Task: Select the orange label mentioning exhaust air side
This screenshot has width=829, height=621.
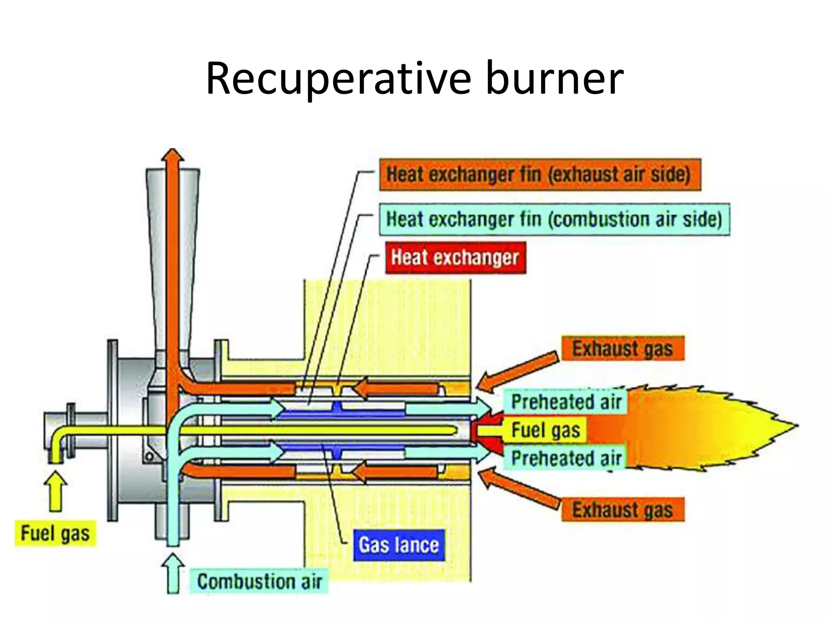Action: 540,175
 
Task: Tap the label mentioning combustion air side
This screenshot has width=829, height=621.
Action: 554,220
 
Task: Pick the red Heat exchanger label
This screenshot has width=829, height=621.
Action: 455,258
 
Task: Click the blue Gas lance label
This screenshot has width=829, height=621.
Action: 399,545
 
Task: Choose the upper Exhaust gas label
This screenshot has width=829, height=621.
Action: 623,349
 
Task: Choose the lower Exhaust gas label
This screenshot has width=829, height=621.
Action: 623,509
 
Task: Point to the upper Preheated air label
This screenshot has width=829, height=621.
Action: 566,402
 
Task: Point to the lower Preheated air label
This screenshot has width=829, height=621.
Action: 566,458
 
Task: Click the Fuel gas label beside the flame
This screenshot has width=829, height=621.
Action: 545,430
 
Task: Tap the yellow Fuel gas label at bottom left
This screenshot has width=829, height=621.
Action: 55,533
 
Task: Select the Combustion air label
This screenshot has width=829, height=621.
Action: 259,581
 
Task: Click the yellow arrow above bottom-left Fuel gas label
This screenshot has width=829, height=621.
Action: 56,490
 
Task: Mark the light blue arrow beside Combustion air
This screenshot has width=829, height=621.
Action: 173,573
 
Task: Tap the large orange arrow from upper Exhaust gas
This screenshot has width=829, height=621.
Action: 518,371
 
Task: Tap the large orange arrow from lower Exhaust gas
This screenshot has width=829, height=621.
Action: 518,487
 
